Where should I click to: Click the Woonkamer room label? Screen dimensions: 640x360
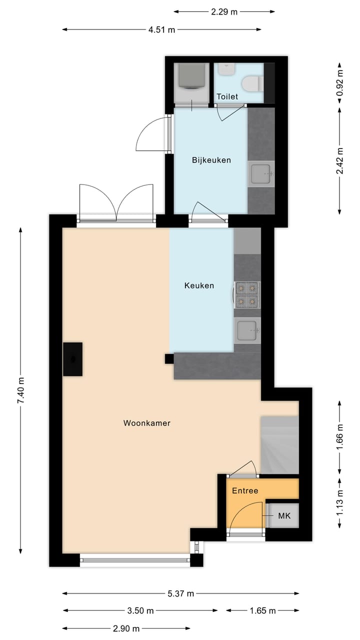(146, 423)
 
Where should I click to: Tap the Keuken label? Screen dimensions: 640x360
(199, 285)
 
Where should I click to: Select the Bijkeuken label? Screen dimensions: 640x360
(211, 160)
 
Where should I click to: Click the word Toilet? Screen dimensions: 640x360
(227, 96)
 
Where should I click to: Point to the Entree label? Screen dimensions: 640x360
(245, 490)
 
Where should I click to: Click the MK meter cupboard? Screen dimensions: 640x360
(284, 515)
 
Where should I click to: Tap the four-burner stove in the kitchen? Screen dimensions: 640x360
(247, 294)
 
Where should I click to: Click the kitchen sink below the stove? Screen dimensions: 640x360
(247, 330)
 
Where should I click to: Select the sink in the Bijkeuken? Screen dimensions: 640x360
(261, 174)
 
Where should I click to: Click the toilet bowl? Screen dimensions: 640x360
(250, 82)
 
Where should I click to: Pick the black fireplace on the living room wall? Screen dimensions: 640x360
(73, 358)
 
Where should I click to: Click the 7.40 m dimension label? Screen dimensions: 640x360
(20, 390)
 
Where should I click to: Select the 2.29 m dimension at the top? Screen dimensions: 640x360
(224, 12)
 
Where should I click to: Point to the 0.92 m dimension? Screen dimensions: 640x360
(340, 83)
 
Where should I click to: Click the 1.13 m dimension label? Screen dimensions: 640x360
(340, 502)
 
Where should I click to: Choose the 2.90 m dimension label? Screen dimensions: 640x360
(125, 628)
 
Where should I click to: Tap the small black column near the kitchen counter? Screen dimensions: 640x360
(169, 358)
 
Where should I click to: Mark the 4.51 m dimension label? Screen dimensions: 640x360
(161, 29)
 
